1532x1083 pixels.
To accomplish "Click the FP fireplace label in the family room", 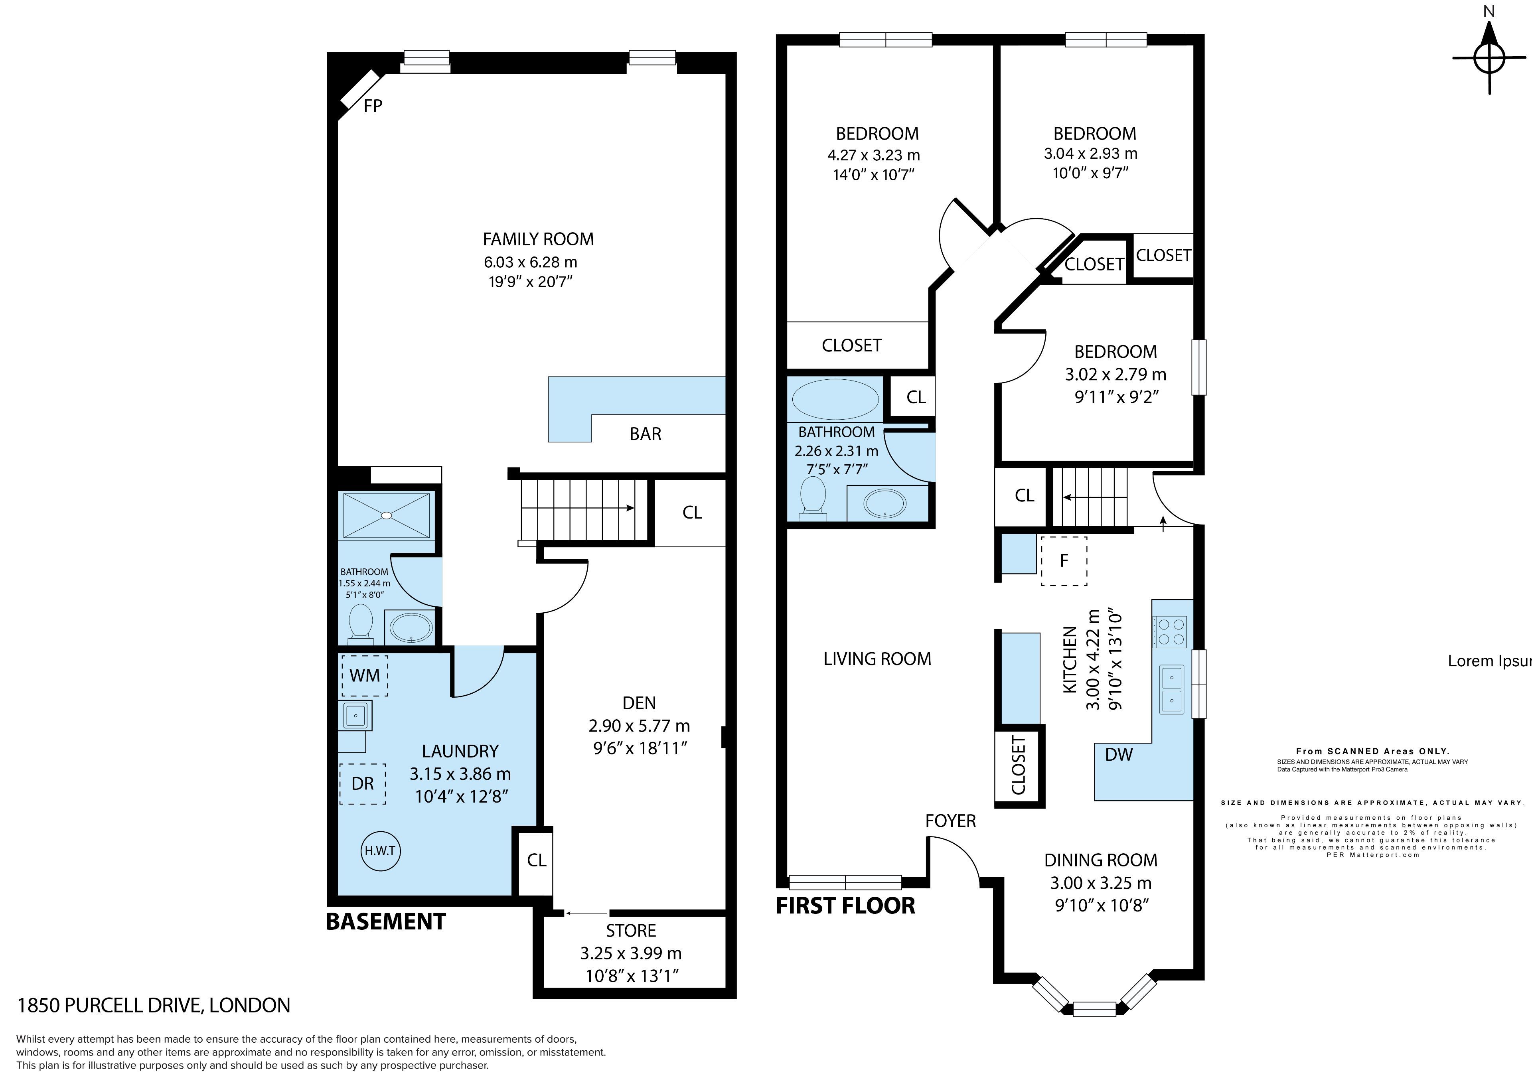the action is click(373, 105).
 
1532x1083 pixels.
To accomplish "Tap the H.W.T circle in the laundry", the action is click(380, 851).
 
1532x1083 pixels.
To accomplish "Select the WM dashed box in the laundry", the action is click(364, 675).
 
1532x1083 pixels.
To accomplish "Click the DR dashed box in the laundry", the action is click(362, 783).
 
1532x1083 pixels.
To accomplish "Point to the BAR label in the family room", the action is click(645, 434).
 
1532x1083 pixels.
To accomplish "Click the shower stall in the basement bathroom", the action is click(386, 515).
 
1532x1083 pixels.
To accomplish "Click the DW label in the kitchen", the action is click(1119, 755).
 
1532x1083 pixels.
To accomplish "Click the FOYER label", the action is click(950, 821).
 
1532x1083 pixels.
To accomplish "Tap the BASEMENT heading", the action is click(386, 921).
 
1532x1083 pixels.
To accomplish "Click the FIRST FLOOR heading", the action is click(845, 905).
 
